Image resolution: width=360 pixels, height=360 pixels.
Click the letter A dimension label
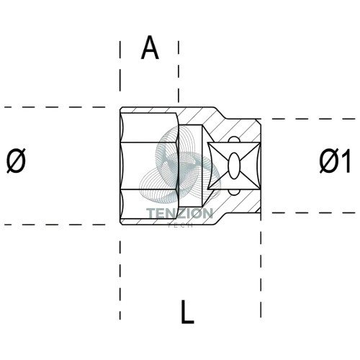coord(150,48)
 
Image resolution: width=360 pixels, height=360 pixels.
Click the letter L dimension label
coord(187,312)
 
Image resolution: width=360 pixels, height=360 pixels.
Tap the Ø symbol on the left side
coord(16,161)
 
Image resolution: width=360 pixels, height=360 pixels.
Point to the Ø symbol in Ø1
coord(329,161)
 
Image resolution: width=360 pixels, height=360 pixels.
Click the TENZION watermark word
coord(179,213)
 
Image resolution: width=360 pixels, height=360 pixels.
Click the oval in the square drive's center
coord(233,166)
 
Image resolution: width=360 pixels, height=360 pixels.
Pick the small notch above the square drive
coord(233,140)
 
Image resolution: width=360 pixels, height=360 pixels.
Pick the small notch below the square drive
coord(233,192)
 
